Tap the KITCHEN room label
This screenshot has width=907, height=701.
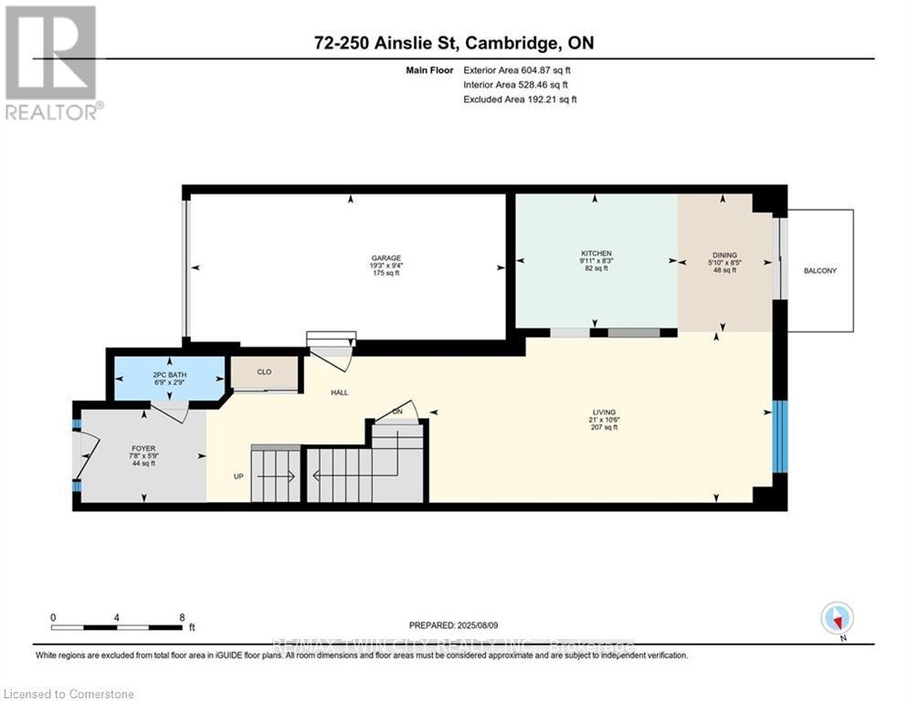pos(596,253)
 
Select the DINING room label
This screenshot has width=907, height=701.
pos(724,256)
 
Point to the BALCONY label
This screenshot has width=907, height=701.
pos(820,271)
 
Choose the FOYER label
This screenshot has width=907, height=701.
pos(143,448)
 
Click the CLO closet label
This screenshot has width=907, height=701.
pos(264,372)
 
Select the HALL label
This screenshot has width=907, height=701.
pos(339,392)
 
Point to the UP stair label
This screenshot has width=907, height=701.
pos(237,476)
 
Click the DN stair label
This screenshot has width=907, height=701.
pos(397,413)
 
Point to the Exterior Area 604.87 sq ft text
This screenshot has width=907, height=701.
pos(519,70)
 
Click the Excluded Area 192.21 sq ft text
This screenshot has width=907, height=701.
pos(520,99)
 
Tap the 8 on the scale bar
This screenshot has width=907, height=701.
pos(182,617)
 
